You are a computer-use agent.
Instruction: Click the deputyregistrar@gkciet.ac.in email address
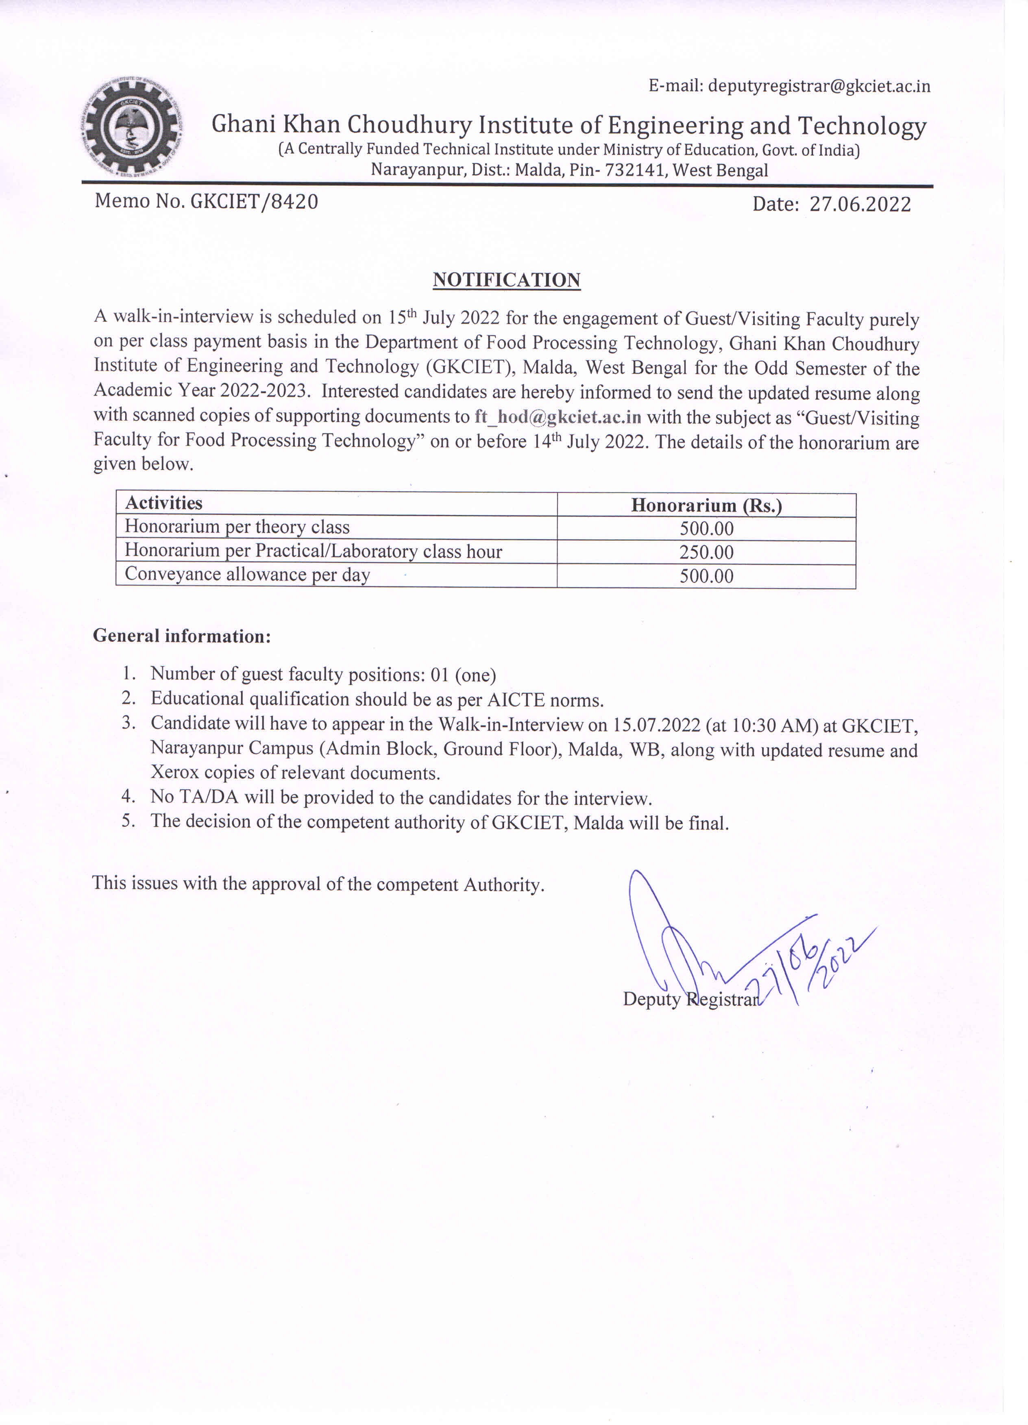[x=819, y=86]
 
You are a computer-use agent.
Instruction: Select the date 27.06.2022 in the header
[x=860, y=204]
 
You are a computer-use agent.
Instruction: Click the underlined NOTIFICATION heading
[x=506, y=280]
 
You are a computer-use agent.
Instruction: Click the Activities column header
[x=163, y=503]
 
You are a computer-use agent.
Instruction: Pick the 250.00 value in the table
[x=706, y=552]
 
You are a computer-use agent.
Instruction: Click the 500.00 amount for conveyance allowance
[x=706, y=576]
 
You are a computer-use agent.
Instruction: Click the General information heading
[x=182, y=636]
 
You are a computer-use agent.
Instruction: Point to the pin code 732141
[x=635, y=170]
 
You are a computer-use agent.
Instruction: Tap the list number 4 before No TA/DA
[x=128, y=797]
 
